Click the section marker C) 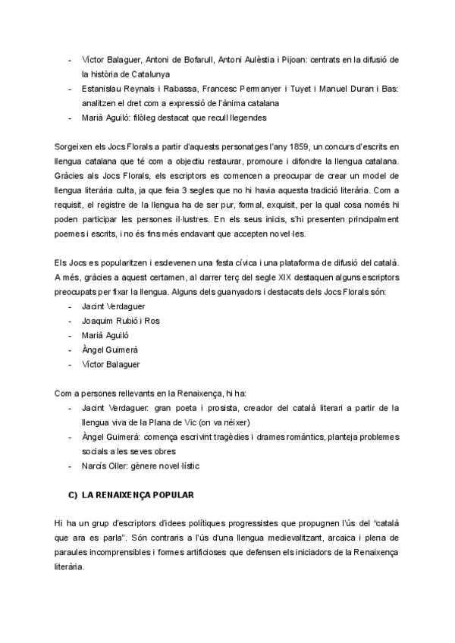pos(73,494)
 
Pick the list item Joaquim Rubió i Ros pos(121,321)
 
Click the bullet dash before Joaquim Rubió pos(71,321)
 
